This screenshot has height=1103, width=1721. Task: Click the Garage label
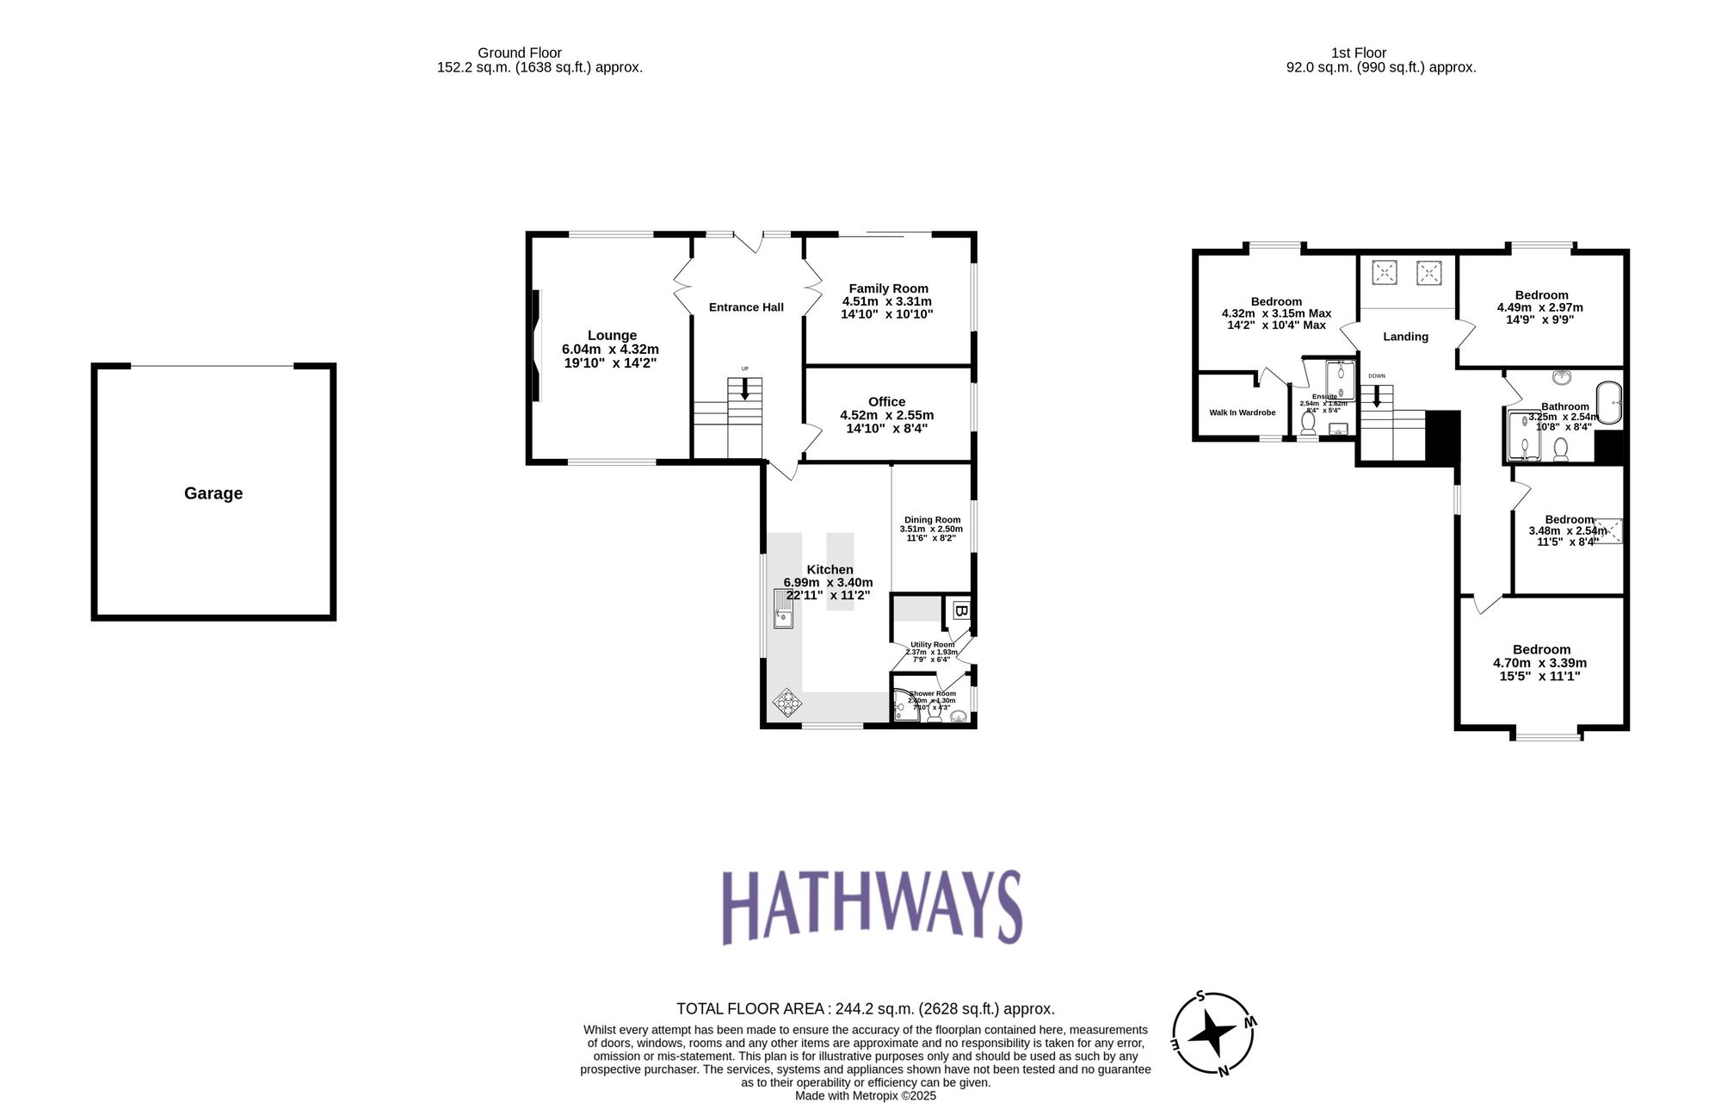coord(213,493)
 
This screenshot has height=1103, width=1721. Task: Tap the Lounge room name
coord(612,335)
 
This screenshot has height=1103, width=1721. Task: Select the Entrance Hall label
coord(746,307)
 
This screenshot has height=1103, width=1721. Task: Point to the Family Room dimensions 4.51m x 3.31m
coord(886,301)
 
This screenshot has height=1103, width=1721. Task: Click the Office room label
coord(886,401)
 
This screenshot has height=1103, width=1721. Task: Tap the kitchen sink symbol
coord(783,609)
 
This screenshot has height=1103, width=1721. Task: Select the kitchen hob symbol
coord(786,703)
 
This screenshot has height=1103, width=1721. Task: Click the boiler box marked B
coord(961,611)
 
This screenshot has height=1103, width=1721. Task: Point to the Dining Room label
coord(932,520)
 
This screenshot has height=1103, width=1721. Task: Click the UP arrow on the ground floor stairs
coord(745,388)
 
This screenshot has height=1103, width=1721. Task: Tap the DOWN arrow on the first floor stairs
coord(1377,396)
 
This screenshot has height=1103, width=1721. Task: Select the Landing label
coord(1405,337)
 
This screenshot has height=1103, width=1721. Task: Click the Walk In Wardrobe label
coord(1242,412)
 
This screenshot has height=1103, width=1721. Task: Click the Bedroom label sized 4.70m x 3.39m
coord(1541,650)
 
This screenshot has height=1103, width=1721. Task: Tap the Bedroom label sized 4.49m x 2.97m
coord(1541,295)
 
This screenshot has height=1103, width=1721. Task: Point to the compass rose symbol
coord(1213,1033)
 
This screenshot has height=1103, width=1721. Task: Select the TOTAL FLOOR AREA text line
coord(865,1008)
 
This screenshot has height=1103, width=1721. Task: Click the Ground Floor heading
coord(520,53)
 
